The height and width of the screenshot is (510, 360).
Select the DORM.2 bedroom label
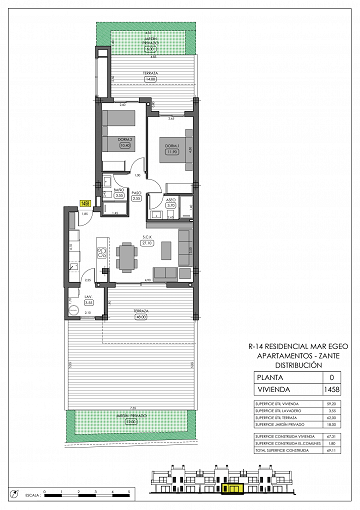pos(125,144)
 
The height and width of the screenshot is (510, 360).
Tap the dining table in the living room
pos(126,258)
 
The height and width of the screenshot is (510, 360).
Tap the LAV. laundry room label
pos(89,299)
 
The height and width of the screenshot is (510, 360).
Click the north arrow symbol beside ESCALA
pos(12,493)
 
